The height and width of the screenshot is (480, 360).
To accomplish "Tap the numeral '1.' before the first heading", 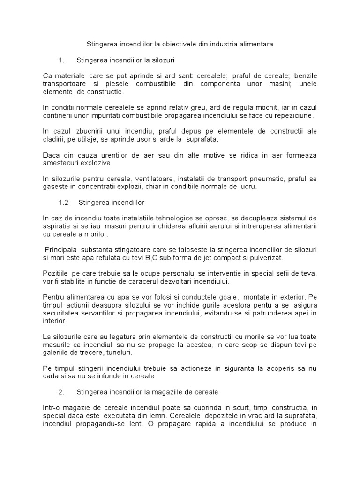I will [x=61, y=60].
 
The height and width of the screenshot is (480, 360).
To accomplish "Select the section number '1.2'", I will [x=64, y=202].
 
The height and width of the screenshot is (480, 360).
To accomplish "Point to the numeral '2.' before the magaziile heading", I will [x=61, y=391].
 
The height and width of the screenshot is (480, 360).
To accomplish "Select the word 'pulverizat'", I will [x=267, y=258].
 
